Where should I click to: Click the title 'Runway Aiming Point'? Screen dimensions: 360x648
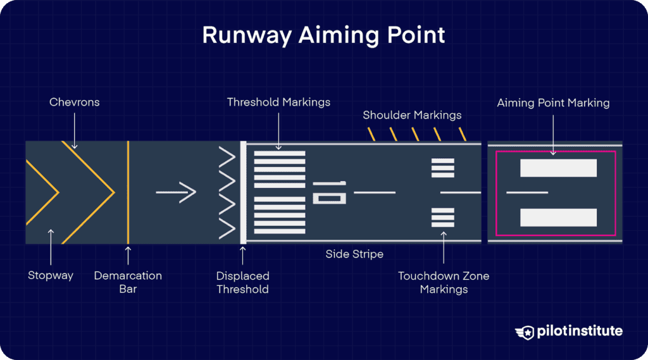[x=323, y=35]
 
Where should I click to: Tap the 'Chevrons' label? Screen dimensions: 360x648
[x=75, y=102]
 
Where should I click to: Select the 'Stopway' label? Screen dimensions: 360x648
[x=51, y=275]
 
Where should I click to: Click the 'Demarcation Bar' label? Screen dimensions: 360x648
[x=128, y=282]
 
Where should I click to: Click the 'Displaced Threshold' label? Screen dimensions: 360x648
[x=243, y=283]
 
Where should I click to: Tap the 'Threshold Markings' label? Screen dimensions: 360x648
[x=278, y=102]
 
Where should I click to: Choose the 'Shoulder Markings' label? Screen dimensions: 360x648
[x=412, y=115]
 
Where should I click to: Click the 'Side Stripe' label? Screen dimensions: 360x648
[x=354, y=254]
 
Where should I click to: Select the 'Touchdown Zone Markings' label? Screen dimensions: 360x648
[x=444, y=283]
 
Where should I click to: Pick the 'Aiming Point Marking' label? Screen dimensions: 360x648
[x=553, y=102]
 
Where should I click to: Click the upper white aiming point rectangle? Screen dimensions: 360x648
[x=558, y=168]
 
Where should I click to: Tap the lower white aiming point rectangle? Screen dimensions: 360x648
[x=558, y=217]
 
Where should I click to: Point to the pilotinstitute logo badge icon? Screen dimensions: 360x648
[x=524, y=332]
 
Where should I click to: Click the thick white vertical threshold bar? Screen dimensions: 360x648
[x=243, y=192]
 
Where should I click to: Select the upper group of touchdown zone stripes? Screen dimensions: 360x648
[x=443, y=168]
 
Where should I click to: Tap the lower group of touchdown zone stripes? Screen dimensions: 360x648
[x=443, y=217]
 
